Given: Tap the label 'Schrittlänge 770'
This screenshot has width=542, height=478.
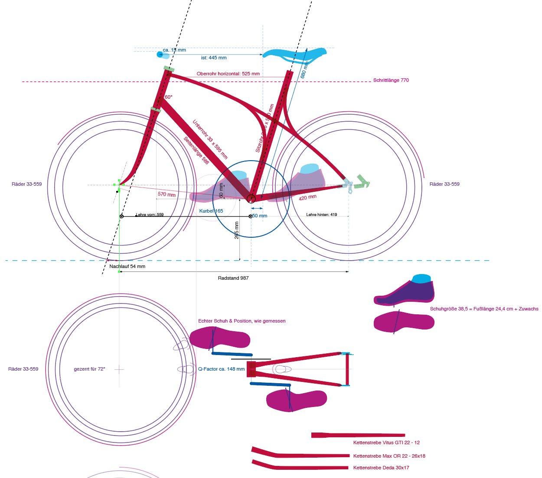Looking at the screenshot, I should tap(391, 80).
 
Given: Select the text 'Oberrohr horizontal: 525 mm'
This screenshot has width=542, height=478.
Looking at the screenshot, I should tap(228, 74).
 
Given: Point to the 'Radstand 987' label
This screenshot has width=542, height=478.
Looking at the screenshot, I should tap(233, 278).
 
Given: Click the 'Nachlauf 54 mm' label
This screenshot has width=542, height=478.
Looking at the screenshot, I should tap(127, 266).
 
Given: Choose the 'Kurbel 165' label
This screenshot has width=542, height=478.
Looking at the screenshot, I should tap(211, 211).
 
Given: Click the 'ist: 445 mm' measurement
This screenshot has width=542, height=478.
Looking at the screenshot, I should tap(214, 58).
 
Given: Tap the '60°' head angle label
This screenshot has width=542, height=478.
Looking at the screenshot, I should tap(168, 97).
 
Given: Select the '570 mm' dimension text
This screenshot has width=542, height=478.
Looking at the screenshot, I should tap(167, 194).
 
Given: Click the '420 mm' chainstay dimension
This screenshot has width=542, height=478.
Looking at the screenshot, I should tap(307, 197).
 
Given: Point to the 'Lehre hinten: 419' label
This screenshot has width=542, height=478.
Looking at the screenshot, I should tap(321, 215).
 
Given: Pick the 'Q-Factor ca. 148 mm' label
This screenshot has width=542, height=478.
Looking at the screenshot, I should tap(221, 369).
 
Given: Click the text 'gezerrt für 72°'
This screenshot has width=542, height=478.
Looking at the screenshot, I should tap(89, 369).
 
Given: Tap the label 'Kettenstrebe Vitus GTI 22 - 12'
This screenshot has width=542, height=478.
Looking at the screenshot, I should tap(386, 442).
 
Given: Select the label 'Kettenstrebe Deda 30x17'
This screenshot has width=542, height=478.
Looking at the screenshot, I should tap(381, 468).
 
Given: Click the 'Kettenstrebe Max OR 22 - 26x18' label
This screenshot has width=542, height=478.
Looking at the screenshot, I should tap(389, 456).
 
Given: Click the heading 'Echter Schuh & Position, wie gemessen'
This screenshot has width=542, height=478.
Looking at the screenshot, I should tap(242, 321).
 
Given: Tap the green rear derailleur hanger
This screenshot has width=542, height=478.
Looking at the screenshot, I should tap(362, 182).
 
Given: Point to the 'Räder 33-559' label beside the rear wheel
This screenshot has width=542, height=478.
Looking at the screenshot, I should tap(444, 184).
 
